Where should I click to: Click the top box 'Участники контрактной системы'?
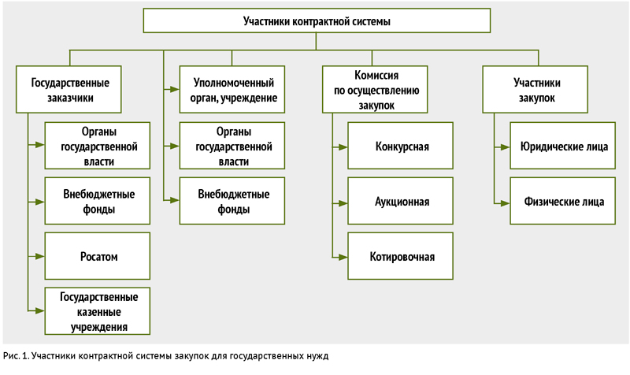[x=317, y=20]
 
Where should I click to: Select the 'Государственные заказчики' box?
[x=69, y=89]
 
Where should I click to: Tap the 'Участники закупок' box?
[x=535, y=89]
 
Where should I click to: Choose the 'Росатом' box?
[x=98, y=256]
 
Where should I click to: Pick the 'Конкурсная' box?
[x=401, y=146]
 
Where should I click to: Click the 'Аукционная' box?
[x=401, y=201]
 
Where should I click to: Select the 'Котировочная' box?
[x=401, y=256]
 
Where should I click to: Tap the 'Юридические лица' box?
[x=563, y=146]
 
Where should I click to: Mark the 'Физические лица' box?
[x=563, y=201]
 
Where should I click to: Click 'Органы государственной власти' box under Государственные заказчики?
[x=98, y=146]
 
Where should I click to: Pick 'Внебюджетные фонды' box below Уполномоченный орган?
[x=232, y=201]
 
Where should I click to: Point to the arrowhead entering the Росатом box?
[x=40, y=256]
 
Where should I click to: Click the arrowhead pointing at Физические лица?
[x=505, y=203]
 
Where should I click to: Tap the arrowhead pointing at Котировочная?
[x=343, y=257]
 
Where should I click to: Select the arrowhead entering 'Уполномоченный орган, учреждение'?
[x=174, y=89]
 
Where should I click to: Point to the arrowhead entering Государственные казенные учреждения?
[x=40, y=310]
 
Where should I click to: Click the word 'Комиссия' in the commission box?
[x=376, y=75]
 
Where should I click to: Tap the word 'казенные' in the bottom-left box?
[x=99, y=312]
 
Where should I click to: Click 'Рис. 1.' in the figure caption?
[x=16, y=356]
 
